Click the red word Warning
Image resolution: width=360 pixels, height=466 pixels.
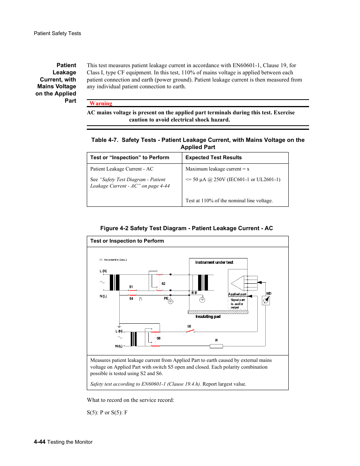(101, 103)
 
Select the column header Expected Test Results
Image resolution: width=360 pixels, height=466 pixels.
(213, 158)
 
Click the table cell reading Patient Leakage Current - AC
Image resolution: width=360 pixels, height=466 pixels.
(122, 169)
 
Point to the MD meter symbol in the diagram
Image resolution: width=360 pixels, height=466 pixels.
(266, 300)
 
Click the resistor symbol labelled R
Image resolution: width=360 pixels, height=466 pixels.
(216, 346)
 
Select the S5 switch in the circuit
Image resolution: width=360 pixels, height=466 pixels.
(190, 331)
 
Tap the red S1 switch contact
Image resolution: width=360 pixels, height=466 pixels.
(133, 291)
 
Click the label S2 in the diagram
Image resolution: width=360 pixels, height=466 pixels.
(163, 284)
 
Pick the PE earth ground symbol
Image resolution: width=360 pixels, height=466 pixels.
(171, 301)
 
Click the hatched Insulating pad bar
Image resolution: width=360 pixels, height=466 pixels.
(218, 312)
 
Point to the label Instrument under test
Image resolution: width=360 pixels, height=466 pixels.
(214, 262)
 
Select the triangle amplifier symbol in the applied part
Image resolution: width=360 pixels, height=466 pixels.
(237, 283)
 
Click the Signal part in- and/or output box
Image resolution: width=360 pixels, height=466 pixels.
(237, 304)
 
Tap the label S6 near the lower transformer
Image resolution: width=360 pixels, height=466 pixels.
(158, 338)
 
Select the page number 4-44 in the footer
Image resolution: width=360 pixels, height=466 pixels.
(40, 442)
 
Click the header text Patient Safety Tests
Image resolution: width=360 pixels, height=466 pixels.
(57, 34)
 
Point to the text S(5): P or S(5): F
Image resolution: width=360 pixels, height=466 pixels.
(107, 412)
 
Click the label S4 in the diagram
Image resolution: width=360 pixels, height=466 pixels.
(131, 298)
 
